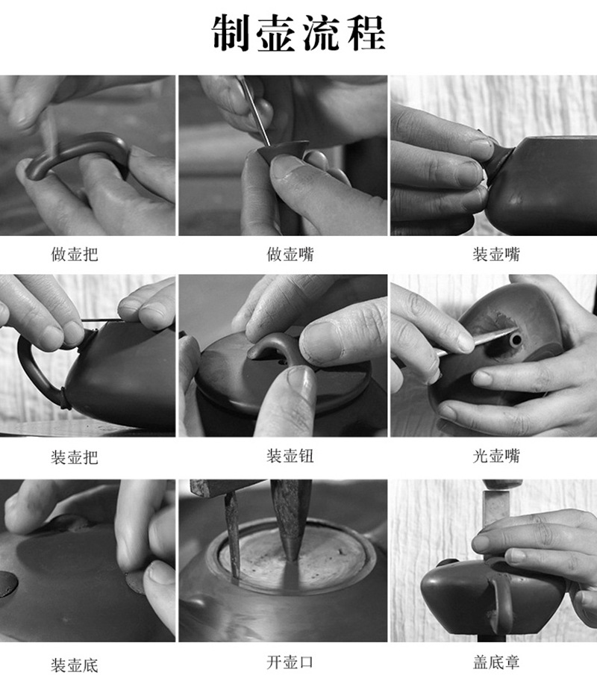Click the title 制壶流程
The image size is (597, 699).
tap(298, 34)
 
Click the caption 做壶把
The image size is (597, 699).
tap(75, 255)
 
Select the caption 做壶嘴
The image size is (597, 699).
tap(290, 255)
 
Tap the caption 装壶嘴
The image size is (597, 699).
tap(496, 255)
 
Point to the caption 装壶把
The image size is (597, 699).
tap(75, 457)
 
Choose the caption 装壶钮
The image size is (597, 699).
tap(290, 456)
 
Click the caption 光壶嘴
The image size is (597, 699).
tap(496, 456)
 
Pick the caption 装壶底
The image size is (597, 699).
tap(75, 665)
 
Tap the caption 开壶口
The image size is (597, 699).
tap(290, 662)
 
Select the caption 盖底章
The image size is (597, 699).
tap(496, 662)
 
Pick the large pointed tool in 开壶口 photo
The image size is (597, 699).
tap(290, 517)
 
